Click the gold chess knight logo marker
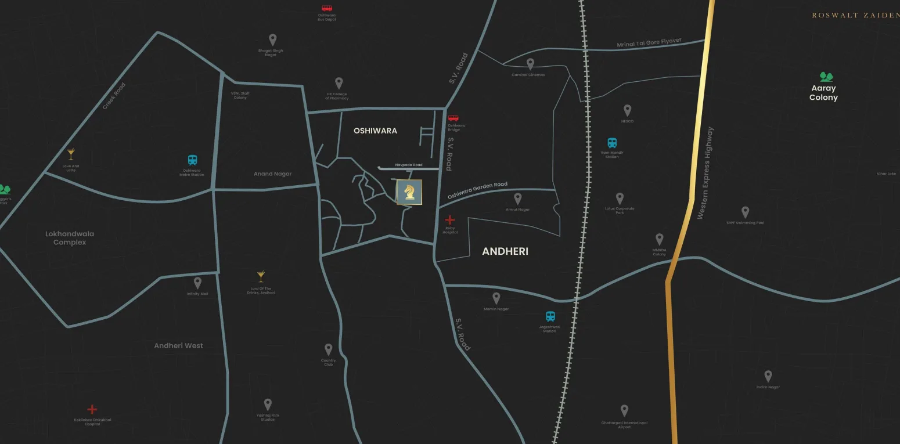coord(409,192)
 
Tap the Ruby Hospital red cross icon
coord(449,220)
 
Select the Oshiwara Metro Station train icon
coord(192,160)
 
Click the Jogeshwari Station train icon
coord(550,316)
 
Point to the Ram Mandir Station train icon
coord(612,143)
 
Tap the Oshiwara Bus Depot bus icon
coord(327,9)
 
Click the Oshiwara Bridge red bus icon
coord(453,118)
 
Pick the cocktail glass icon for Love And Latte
coord(71,154)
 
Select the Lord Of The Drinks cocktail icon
coord(261,276)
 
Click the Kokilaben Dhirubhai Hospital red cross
coord(92,410)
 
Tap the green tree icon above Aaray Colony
coord(826,77)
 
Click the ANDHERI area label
coord(505,251)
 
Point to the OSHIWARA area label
coord(375,131)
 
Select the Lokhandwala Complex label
coord(70,238)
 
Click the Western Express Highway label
coord(705,173)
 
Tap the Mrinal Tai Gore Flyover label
coord(649,44)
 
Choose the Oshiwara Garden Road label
coord(477,191)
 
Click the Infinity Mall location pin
coord(197,283)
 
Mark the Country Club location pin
coord(328,349)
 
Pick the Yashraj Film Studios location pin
coord(268,404)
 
